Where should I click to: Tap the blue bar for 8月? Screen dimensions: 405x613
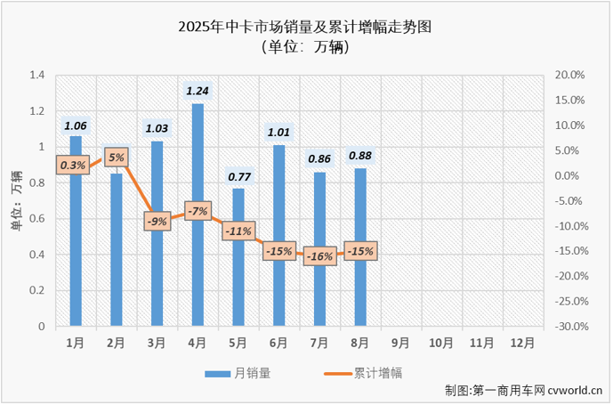tap(359, 267)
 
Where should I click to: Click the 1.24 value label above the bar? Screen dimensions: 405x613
tap(198, 90)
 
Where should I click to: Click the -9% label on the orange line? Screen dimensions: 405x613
tap(157, 221)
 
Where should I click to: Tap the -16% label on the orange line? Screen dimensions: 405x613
tap(319, 256)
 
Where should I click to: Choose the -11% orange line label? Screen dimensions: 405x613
tap(238, 231)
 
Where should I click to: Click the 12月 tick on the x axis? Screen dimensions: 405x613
tap(521, 342)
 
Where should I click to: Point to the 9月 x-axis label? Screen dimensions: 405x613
tap(399, 342)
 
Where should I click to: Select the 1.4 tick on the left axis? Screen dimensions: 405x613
tap(36, 75)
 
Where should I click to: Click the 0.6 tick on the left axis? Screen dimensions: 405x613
tap(36, 219)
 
